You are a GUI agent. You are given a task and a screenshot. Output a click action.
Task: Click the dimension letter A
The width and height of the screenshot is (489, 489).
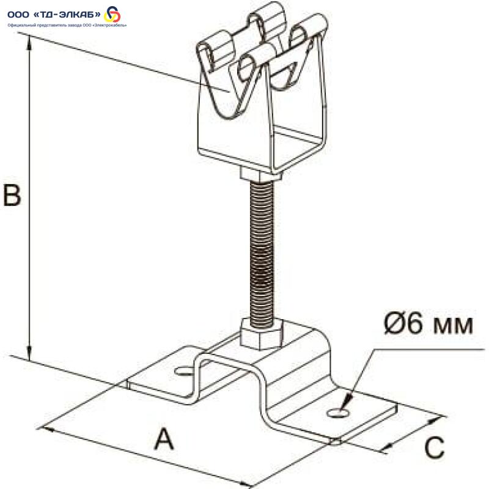[163, 439]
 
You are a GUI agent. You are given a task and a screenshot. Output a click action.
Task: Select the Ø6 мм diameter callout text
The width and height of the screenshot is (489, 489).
[428, 323]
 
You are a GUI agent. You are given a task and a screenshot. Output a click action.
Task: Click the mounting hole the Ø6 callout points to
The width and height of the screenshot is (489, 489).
[337, 414]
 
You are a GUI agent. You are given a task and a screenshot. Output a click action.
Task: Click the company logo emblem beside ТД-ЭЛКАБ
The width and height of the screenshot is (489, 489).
[113, 14]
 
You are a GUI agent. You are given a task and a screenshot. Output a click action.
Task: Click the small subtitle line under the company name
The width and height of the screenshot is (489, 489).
[67, 25]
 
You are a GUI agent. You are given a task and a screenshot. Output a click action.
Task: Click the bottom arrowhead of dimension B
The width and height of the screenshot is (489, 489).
[28, 354]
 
